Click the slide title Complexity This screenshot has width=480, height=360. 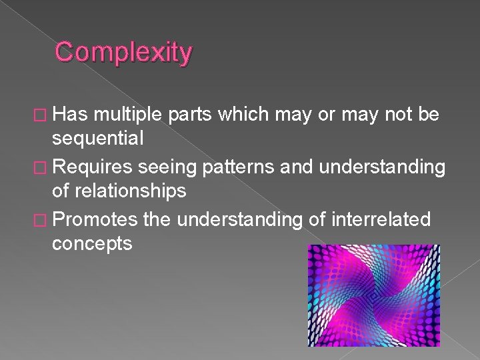(x=123, y=52)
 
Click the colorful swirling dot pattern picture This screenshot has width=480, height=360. (x=373, y=295)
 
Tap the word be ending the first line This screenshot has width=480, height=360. (x=427, y=115)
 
